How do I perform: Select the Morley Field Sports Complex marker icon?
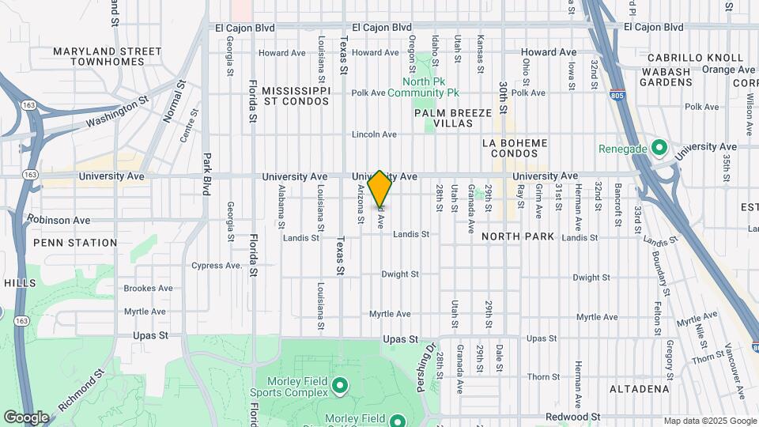coord(341,386)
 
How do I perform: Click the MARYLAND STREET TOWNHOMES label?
coord(107,57)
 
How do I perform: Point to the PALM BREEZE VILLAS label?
coord(453,119)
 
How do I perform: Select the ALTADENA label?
coord(640,389)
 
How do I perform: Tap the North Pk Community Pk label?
coord(430,87)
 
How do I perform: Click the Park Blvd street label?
coord(207,174)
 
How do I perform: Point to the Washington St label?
coord(117,112)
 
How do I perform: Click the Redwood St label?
coord(576,417)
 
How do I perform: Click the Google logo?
coord(26,417)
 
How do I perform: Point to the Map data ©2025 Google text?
coord(709,421)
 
